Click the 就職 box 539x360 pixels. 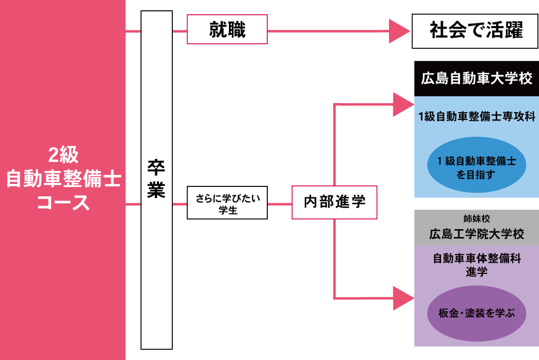[x=227, y=29]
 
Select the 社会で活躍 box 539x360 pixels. [x=476, y=31]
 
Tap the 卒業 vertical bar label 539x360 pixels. [x=157, y=180]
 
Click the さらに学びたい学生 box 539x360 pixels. [x=227, y=203]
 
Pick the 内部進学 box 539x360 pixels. [x=334, y=202]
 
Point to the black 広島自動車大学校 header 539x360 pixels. [x=476, y=79]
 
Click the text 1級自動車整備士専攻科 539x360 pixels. [x=477, y=117]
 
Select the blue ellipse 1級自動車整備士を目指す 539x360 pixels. [x=476, y=165]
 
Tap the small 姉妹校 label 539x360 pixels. [x=476, y=218]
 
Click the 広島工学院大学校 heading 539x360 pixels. [x=476, y=234]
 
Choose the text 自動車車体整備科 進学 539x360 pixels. [x=477, y=265]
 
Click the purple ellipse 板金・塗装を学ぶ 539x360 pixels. [x=476, y=313]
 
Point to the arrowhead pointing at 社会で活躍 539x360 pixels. [x=399, y=31]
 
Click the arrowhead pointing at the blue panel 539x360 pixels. [x=403, y=104]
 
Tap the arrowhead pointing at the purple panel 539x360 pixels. [x=403, y=298]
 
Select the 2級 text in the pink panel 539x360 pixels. [x=63, y=155]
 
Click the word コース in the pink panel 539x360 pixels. [x=63, y=202]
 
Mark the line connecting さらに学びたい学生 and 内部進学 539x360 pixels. [x=280, y=205]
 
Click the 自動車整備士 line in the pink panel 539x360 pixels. [x=63, y=179]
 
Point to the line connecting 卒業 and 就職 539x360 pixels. [x=180, y=31]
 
